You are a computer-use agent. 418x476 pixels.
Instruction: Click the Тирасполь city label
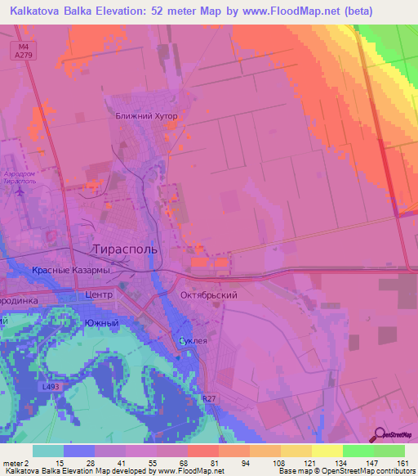123,248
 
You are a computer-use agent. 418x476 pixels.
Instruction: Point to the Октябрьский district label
208,294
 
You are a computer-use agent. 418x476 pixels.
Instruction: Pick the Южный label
102,323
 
